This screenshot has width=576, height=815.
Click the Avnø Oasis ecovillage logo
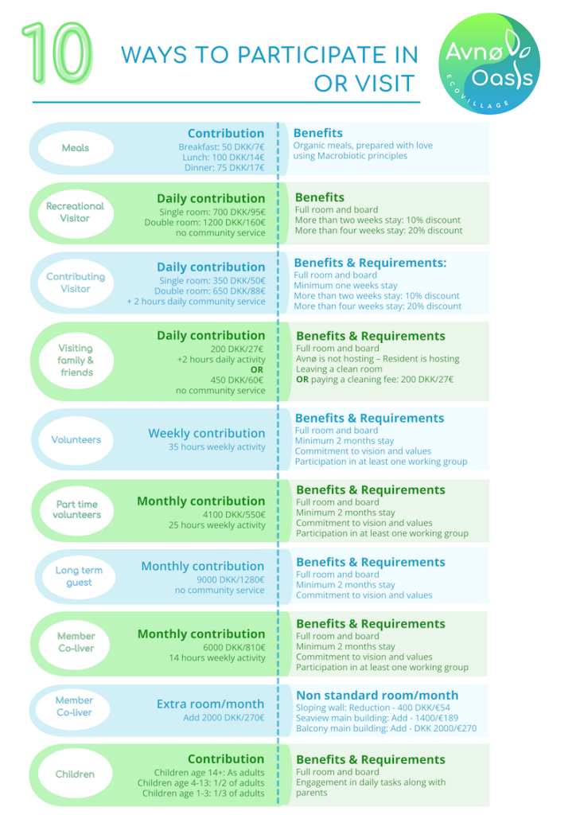[x=488, y=64]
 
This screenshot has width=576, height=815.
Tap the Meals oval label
[x=76, y=148]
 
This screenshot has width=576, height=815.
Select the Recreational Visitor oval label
[x=76, y=213]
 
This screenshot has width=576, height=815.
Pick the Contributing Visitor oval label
[x=76, y=283]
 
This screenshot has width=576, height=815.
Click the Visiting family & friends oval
[x=76, y=361]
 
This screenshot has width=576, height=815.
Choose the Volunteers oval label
[x=76, y=439]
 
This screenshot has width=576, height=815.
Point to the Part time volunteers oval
[x=76, y=510]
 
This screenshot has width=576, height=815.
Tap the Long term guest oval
[x=79, y=576]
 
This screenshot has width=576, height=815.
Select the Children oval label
[x=76, y=774]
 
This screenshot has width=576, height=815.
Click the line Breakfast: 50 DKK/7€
[x=221, y=147]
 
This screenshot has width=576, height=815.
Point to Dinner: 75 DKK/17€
[x=224, y=167]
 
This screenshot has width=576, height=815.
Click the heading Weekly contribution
[x=207, y=434]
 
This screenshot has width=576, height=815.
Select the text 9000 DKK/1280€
[x=231, y=579]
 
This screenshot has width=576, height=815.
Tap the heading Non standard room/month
[x=377, y=696]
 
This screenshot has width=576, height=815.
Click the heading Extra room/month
[x=210, y=704]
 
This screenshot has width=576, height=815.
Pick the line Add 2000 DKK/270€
[x=224, y=718]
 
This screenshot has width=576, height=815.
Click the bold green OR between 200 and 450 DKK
[x=257, y=369]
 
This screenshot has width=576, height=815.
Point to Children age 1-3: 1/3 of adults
[x=203, y=794]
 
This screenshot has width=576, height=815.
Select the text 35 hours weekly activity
[x=216, y=447]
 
